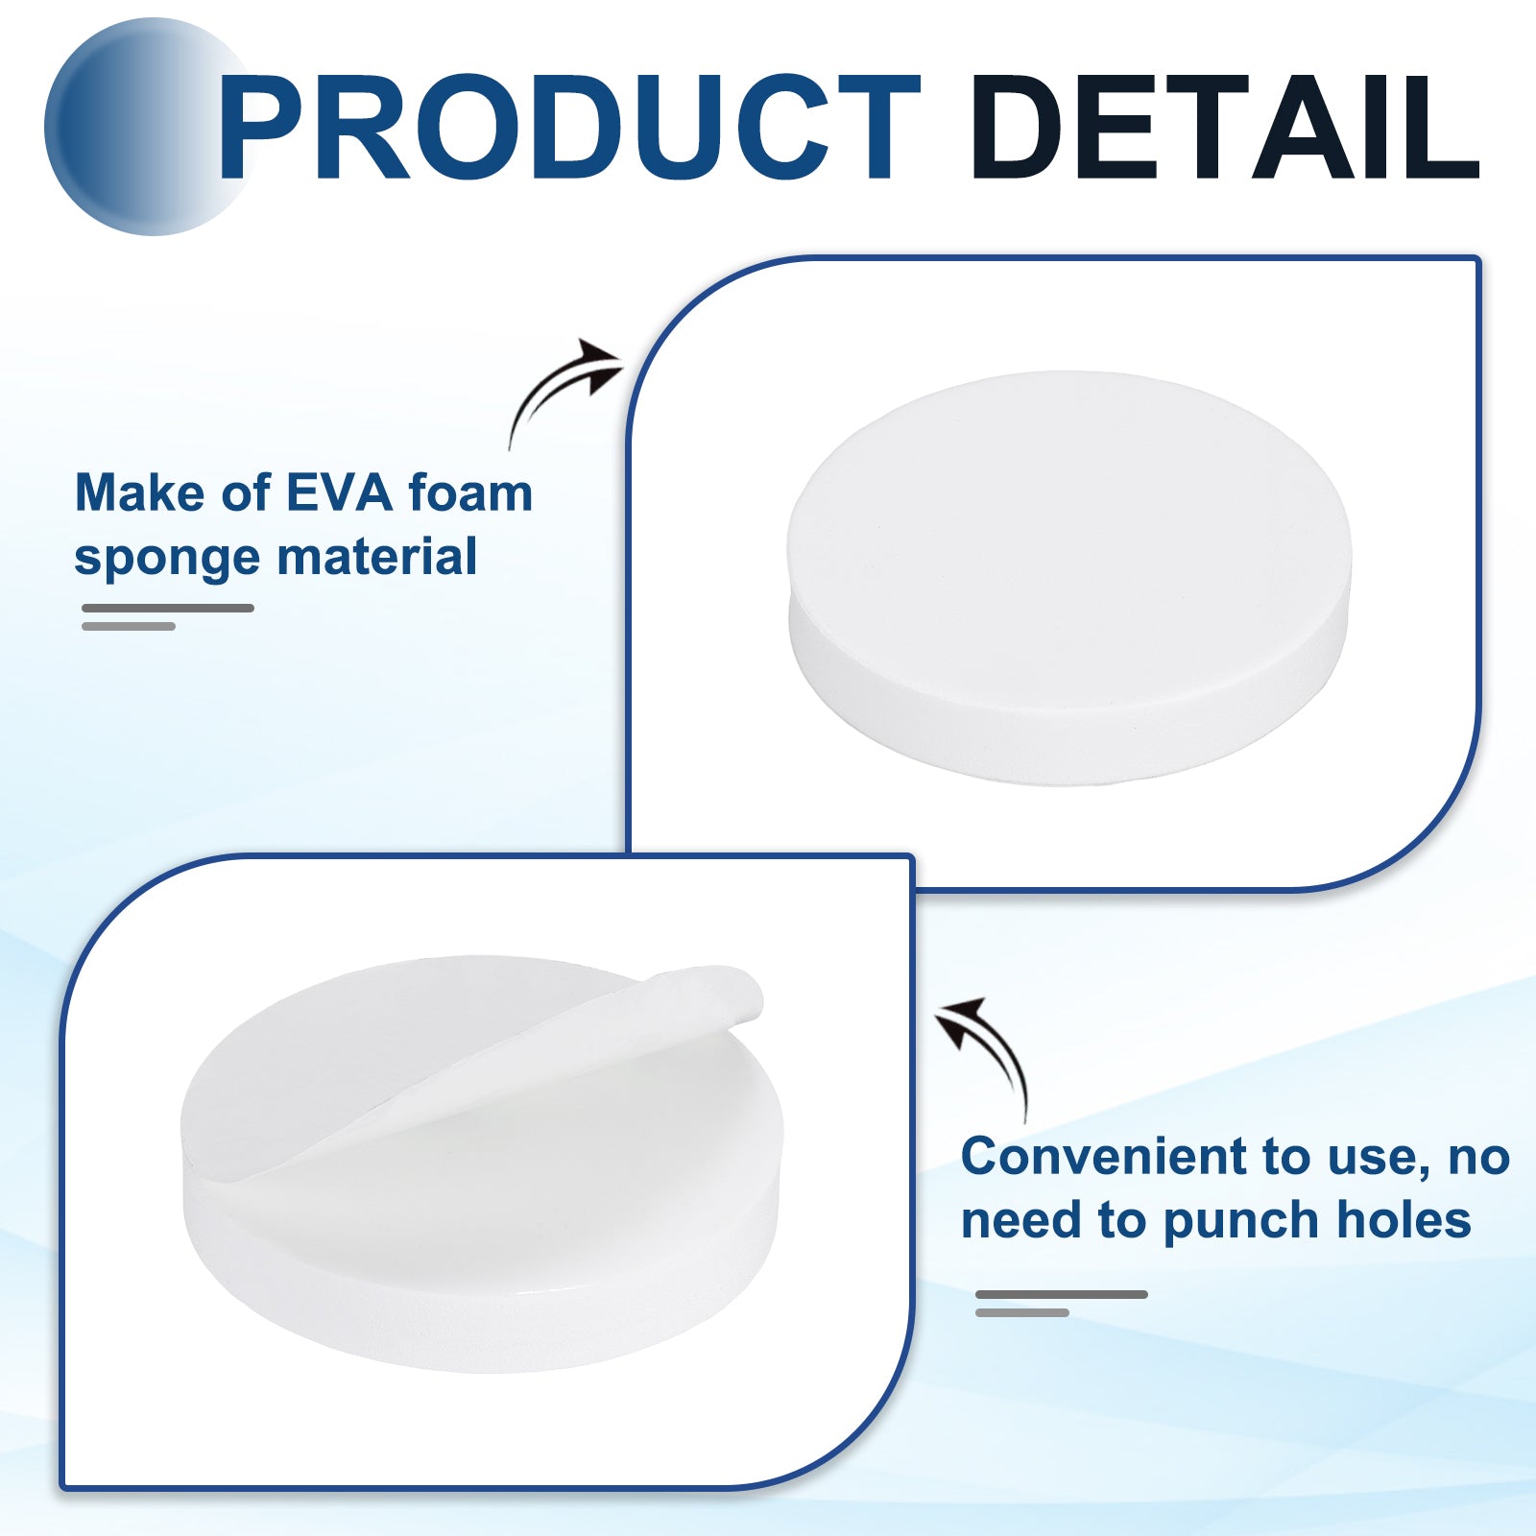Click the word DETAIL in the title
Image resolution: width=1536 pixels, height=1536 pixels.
[x=1226, y=127]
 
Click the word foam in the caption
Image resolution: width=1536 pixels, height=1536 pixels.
[x=470, y=493]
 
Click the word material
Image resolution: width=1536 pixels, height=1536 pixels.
[x=377, y=557]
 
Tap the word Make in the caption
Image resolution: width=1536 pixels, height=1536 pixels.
[x=140, y=493]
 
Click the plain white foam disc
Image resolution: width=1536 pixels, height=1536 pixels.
[x=1068, y=576]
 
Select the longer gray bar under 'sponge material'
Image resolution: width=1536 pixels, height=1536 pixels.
[x=168, y=608]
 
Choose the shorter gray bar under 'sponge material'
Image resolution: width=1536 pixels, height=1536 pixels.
[x=129, y=626]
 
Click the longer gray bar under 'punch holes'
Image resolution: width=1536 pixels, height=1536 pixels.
[x=1062, y=1294]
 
